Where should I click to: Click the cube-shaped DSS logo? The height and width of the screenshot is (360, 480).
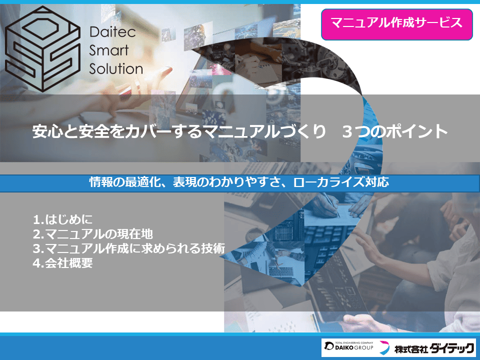(x=42, y=49)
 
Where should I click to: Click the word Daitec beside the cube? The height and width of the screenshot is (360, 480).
(x=112, y=32)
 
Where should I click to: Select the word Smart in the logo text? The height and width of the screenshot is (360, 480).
(x=108, y=50)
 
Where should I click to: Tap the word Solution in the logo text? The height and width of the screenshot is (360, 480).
(x=116, y=69)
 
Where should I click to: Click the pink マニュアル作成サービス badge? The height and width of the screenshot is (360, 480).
(x=396, y=24)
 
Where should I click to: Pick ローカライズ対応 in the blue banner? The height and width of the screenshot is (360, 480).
(x=341, y=182)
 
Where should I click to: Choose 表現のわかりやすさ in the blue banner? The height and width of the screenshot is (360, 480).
(x=227, y=182)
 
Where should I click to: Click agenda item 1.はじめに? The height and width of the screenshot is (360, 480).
(x=63, y=219)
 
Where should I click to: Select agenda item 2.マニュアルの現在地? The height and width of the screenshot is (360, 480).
(x=93, y=234)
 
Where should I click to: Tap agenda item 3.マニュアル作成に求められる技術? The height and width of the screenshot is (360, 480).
(x=129, y=248)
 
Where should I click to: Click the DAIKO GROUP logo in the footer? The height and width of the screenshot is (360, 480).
(x=348, y=346)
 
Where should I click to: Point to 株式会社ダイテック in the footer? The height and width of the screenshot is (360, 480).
(x=434, y=348)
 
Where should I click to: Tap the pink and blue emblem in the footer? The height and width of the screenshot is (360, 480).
(x=384, y=348)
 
